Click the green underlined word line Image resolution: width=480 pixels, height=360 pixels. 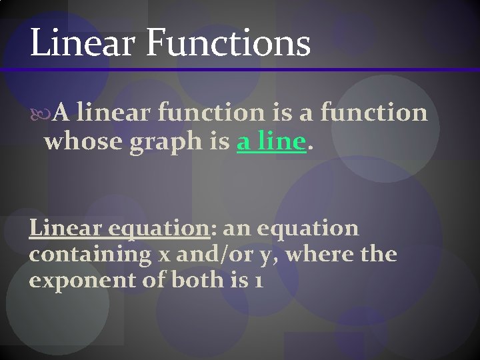[281, 141]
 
